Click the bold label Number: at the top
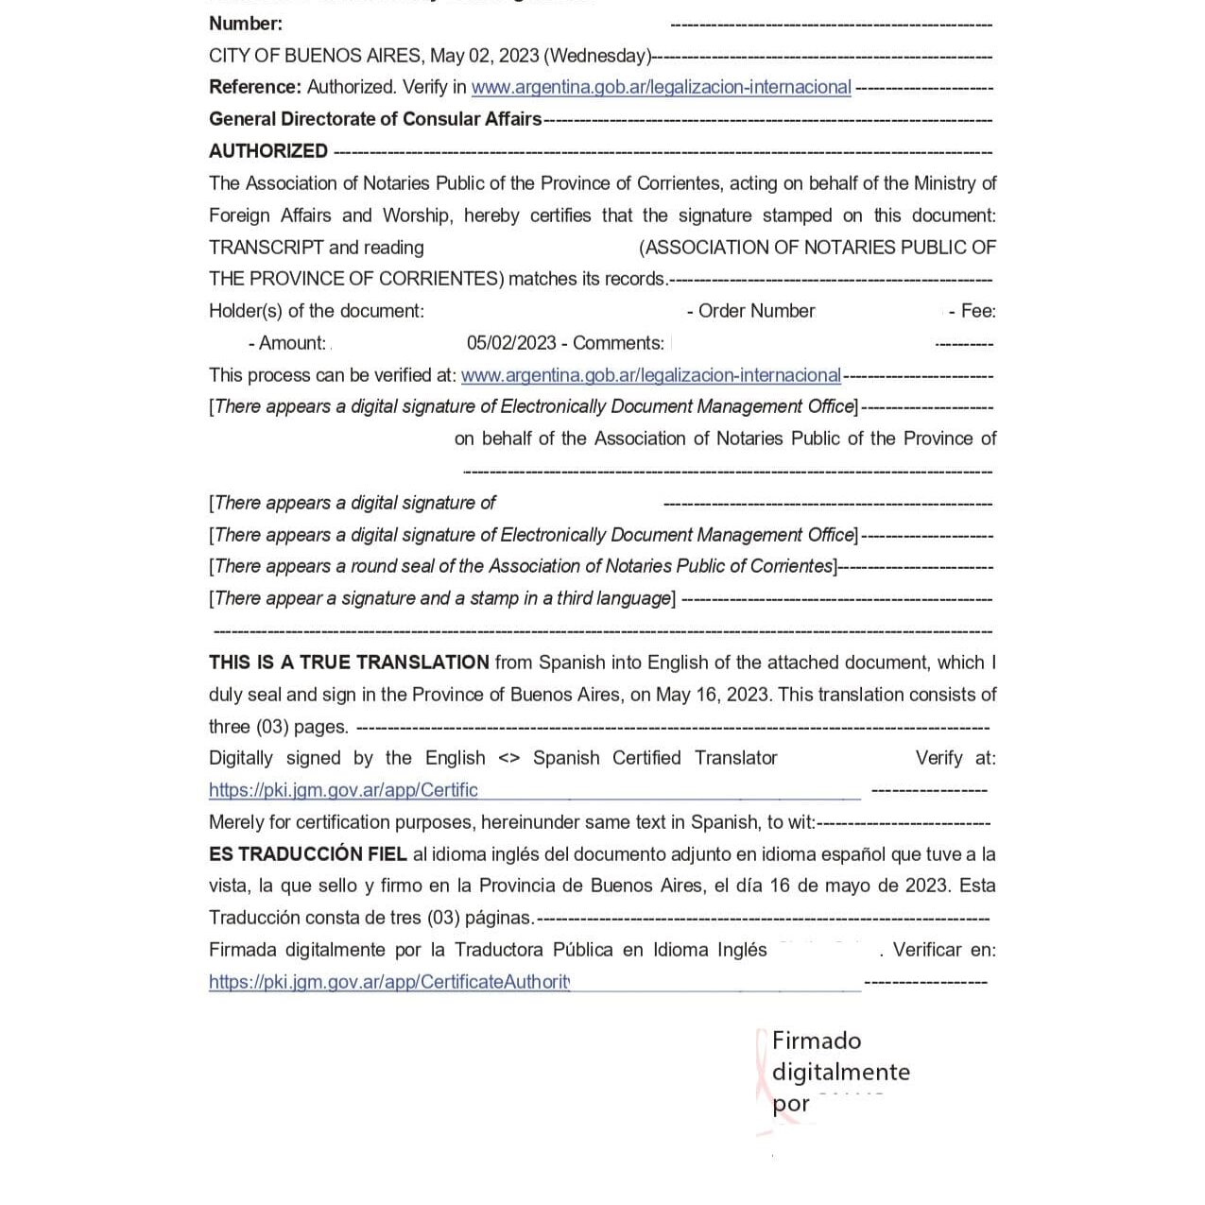click(x=245, y=24)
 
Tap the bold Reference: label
click(x=254, y=87)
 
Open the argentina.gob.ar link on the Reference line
click(x=661, y=87)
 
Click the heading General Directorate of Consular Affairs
click(x=375, y=119)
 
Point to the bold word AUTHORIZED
click(x=268, y=151)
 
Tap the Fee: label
click(x=977, y=311)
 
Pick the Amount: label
click(x=292, y=343)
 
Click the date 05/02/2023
click(x=511, y=343)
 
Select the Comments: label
click(x=618, y=343)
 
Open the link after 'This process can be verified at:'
click(x=650, y=375)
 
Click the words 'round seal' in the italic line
click(x=390, y=566)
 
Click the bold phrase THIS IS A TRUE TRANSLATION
click(x=349, y=663)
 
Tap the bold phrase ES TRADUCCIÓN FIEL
click(x=308, y=854)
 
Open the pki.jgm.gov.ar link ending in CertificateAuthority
click(x=389, y=982)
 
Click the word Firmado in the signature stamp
click(x=817, y=1041)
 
